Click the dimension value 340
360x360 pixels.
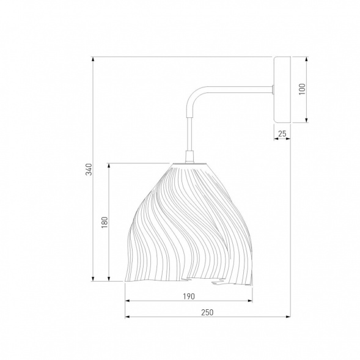tap(89, 169)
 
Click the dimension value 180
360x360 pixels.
tap(105, 222)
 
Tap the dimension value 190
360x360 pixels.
tap(189, 296)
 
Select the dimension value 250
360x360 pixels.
tap(207, 312)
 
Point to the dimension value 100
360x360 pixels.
tap(303, 89)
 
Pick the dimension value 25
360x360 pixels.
tap(282, 134)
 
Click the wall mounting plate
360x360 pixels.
tap(282, 89)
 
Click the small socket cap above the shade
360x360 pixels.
tap(189, 156)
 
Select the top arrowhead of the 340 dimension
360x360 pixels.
tap(93, 59)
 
